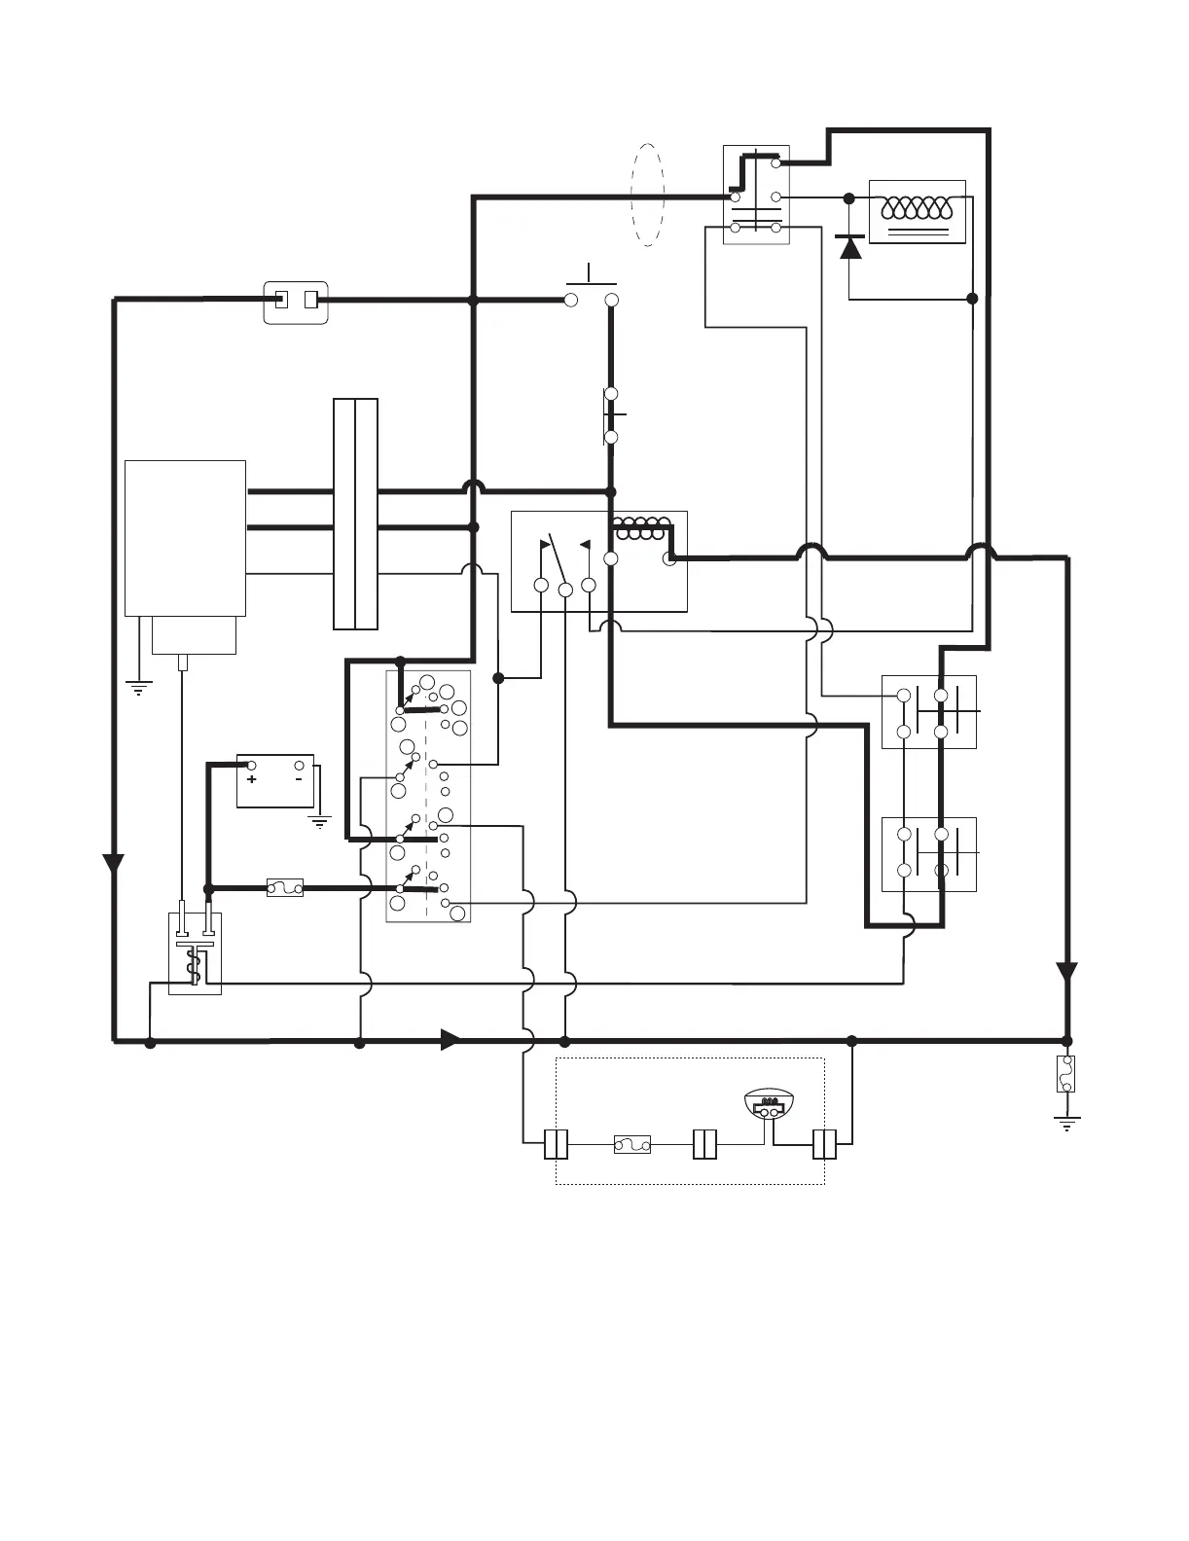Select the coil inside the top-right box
(x=919, y=208)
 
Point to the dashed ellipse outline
(x=647, y=195)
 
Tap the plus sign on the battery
(x=251, y=780)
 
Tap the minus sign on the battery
(x=299, y=779)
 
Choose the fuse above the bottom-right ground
(x=1066, y=1074)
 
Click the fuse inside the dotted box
(x=632, y=1146)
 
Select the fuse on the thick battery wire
(x=284, y=887)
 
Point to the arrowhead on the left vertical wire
(x=115, y=862)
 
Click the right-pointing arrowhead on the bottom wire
(x=450, y=1039)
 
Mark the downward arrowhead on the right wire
(x=1067, y=971)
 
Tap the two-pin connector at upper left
(x=296, y=302)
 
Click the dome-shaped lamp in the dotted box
(x=769, y=1105)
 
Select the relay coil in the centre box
(x=640, y=531)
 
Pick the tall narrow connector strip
(x=355, y=514)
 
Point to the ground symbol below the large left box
(x=139, y=689)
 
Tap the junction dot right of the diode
(x=972, y=299)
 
